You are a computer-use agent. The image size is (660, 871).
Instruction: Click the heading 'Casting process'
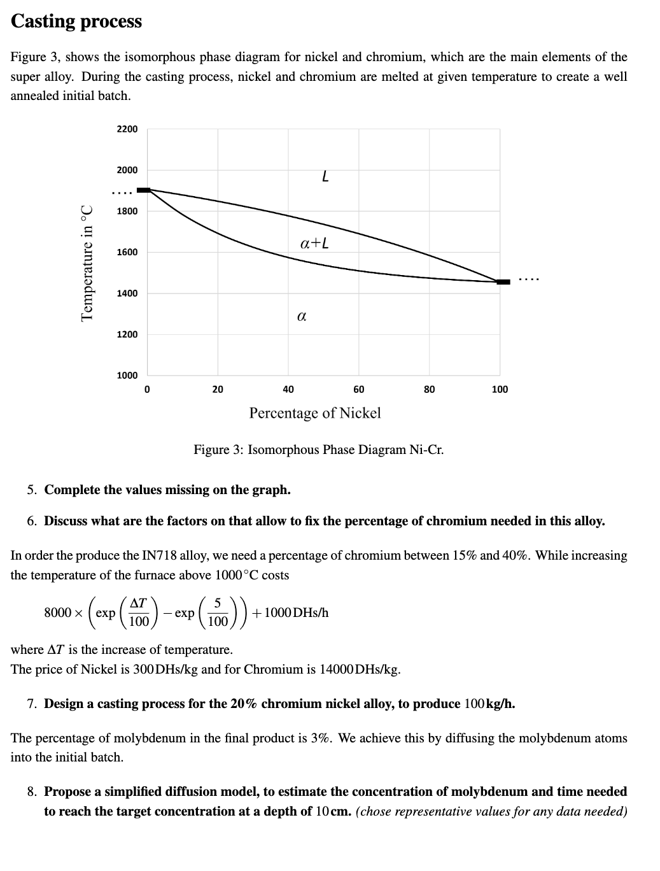[x=76, y=21]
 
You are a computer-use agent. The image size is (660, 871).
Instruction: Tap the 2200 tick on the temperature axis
[x=127, y=129]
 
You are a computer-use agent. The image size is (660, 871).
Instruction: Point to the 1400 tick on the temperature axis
[x=127, y=294]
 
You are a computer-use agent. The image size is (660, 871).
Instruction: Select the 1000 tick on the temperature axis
[x=127, y=376]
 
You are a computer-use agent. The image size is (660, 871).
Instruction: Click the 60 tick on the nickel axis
[x=359, y=389]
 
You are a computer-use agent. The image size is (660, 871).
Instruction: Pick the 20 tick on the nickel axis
[x=218, y=389]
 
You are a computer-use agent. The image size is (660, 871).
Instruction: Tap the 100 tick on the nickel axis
[x=500, y=389]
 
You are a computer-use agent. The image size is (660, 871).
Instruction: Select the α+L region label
[x=314, y=243]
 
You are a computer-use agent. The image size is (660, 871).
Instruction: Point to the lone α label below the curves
[x=302, y=315]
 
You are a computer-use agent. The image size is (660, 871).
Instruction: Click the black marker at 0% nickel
[x=144, y=190]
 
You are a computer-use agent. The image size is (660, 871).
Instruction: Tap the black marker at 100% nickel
[x=503, y=281]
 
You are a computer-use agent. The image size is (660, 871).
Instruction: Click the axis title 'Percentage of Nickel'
[x=315, y=413]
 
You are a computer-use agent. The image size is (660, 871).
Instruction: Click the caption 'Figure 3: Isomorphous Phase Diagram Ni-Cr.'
[x=318, y=450]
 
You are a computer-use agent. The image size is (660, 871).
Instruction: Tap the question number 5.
[x=31, y=490]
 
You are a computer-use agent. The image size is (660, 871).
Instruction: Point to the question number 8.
[x=31, y=792]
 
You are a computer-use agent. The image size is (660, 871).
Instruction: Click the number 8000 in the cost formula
[x=57, y=613]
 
